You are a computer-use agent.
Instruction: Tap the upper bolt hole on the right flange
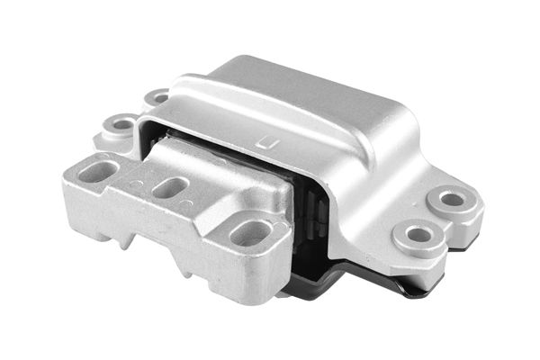point(453,199)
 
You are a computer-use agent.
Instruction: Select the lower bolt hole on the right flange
point(418,235)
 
